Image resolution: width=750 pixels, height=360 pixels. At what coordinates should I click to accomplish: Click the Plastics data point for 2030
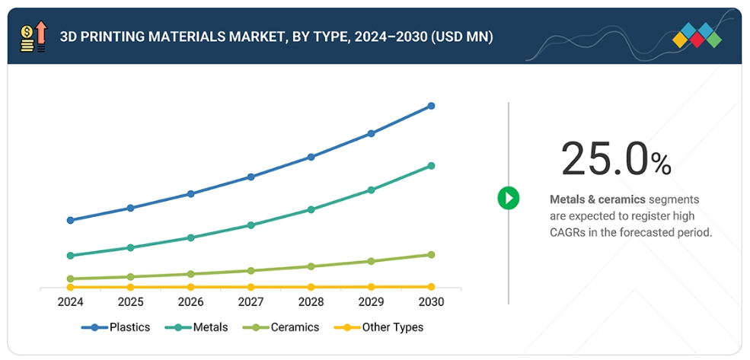click(431, 106)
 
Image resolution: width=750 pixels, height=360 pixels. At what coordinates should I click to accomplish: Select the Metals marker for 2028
click(311, 209)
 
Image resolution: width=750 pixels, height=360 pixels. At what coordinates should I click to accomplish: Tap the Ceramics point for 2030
click(431, 254)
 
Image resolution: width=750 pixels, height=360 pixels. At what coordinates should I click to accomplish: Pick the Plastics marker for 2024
click(70, 220)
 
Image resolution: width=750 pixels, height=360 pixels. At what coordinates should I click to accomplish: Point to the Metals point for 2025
click(130, 247)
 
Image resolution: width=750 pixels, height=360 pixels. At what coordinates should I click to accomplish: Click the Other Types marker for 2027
click(251, 287)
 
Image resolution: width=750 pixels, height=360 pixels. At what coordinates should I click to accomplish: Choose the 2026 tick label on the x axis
click(190, 302)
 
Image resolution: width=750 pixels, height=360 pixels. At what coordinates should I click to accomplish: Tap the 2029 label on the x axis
click(371, 302)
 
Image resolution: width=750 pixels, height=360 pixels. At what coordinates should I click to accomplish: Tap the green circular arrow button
click(508, 199)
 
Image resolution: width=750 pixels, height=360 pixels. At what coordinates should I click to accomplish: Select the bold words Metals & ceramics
click(598, 199)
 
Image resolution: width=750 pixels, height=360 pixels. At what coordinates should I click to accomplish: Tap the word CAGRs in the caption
click(567, 232)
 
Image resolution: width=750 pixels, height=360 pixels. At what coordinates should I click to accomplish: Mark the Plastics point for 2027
click(251, 177)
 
